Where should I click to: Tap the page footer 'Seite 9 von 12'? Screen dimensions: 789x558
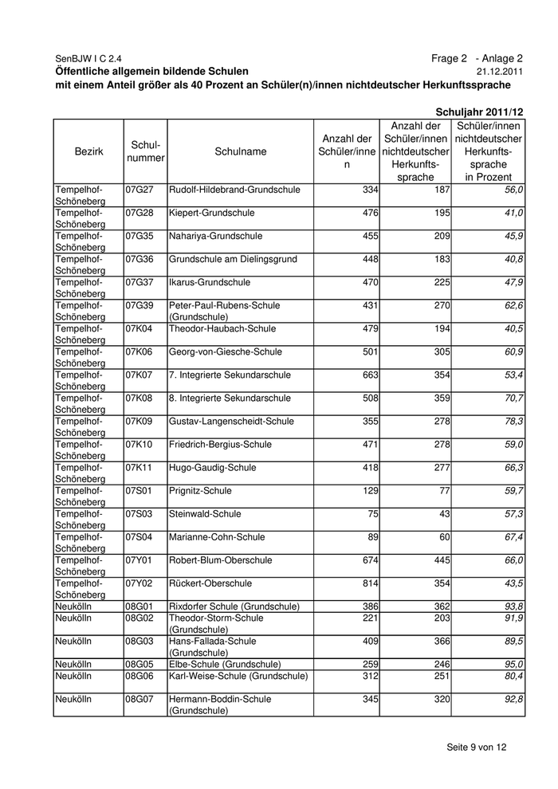click(477, 747)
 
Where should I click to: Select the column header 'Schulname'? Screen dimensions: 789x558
click(240, 151)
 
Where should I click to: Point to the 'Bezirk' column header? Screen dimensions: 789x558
click(88, 151)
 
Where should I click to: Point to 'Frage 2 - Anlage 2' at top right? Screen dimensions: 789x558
click(477, 58)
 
